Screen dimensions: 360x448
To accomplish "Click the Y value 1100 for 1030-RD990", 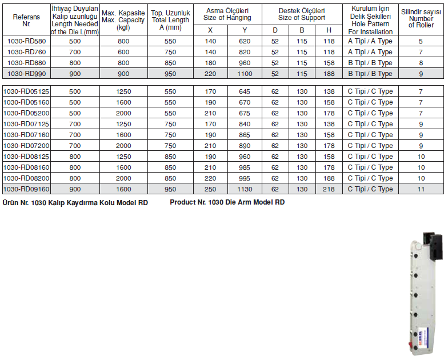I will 245,74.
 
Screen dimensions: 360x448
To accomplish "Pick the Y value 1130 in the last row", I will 245,189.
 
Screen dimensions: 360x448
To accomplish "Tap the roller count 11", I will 421,189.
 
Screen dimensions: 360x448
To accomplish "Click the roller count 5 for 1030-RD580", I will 421,41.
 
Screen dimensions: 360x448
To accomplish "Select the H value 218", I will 329,189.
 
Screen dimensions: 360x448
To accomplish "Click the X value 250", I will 210,189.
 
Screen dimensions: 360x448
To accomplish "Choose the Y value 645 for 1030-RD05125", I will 245,91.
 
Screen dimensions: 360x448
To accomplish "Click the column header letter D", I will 275,30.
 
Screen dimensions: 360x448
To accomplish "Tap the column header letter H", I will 329,30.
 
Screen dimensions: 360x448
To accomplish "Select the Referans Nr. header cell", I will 26,20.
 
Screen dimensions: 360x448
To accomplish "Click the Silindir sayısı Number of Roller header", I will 421,19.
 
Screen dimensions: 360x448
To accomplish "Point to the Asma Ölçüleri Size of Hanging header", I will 227,14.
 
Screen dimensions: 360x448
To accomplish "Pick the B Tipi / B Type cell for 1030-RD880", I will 370,63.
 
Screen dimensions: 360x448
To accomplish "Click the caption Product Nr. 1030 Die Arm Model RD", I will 227,202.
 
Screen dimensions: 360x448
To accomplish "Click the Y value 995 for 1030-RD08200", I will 245,178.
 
